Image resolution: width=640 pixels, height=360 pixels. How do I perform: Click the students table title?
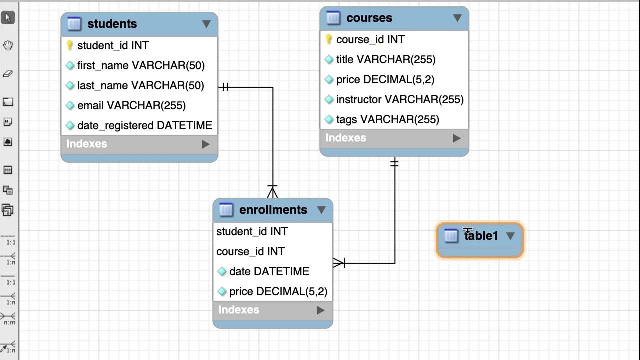(112, 24)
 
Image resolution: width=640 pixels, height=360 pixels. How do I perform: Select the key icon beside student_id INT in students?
(70, 45)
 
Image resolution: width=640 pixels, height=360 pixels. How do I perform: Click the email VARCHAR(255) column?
(131, 105)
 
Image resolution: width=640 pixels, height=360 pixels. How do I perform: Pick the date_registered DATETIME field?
(144, 125)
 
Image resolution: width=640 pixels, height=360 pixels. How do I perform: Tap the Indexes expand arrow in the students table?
(205, 144)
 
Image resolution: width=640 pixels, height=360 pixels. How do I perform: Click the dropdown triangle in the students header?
(206, 24)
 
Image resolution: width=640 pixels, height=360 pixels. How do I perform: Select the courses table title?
(369, 18)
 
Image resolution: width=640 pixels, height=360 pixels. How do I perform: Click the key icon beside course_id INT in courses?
(329, 39)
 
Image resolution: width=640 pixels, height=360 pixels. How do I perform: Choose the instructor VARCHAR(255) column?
(400, 99)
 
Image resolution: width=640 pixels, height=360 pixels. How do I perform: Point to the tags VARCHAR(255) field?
(387, 119)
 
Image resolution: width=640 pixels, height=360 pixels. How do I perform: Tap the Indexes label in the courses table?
(346, 138)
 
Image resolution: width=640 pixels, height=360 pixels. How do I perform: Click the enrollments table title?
(273, 210)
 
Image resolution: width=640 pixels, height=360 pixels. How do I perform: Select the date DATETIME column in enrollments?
(269, 271)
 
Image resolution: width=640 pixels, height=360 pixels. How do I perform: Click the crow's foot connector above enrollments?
(272, 191)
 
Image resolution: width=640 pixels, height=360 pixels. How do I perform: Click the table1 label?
(481, 236)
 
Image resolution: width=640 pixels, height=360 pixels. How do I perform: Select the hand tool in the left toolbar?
(8, 46)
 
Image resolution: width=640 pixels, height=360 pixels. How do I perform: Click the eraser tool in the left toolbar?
(8, 74)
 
